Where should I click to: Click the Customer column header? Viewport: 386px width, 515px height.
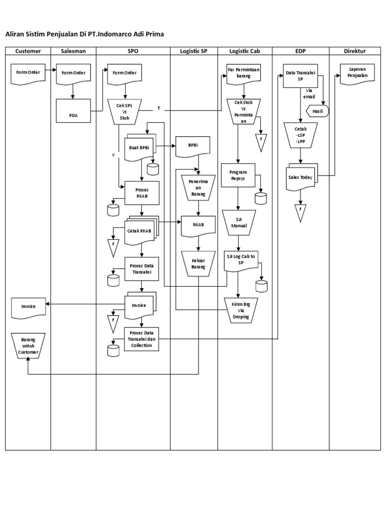click(x=28, y=51)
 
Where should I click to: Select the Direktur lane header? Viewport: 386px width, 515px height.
click(x=355, y=51)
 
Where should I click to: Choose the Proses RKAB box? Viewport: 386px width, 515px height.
click(x=142, y=193)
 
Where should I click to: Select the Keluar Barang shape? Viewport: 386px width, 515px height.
click(x=198, y=264)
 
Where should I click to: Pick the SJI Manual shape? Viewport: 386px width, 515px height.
click(x=239, y=223)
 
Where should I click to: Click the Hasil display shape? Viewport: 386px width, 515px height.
click(x=317, y=111)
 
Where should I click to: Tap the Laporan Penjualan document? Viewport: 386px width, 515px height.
click(x=357, y=73)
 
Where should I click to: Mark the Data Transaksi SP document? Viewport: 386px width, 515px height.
click(x=301, y=75)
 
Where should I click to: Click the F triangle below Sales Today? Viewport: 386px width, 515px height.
click(x=301, y=212)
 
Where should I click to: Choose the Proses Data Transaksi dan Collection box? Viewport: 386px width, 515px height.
click(x=141, y=339)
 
